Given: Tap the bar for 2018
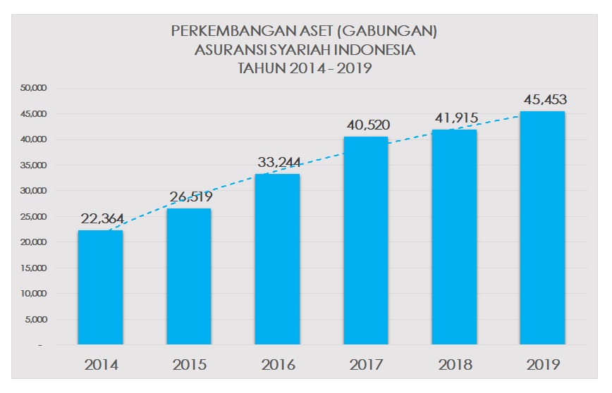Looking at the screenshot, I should tap(454, 237).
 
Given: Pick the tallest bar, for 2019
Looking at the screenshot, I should tap(542, 228).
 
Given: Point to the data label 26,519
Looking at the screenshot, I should tap(189, 197).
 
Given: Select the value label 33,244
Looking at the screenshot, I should tap(278, 163).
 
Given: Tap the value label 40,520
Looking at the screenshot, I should tap(367, 125).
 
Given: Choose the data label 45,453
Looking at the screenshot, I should tap(544, 99).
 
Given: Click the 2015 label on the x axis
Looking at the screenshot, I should tap(189, 365).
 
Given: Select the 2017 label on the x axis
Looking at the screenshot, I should tap(365, 365).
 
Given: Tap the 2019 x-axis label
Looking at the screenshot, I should tap(542, 365).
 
